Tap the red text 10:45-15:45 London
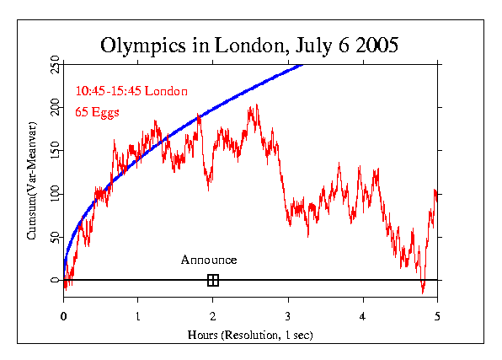click(x=131, y=90)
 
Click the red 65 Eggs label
click(x=98, y=110)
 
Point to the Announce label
click(x=209, y=260)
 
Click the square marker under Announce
click(x=213, y=280)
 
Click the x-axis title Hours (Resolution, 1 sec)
click(x=250, y=335)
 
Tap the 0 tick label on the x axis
click(x=64, y=317)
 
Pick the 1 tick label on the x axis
click(x=138, y=317)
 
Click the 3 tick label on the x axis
click(x=288, y=317)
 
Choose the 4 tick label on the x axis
click(x=362, y=317)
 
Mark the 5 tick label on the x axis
click(x=437, y=317)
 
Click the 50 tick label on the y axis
click(x=55, y=237)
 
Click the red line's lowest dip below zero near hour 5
click(x=423, y=292)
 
